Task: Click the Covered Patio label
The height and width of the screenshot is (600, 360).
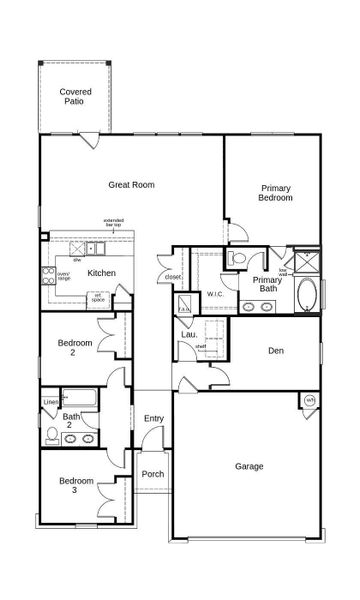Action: coord(75,96)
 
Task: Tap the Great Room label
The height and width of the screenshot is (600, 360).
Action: coord(130,184)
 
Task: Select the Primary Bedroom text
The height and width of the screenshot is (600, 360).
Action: coord(275,193)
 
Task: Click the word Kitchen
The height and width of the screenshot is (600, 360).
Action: coord(101,273)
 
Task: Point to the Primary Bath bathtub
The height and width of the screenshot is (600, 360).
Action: coord(306,296)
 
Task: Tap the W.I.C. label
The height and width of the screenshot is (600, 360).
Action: coord(214,294)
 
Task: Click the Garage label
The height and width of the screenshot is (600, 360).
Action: coord(249,466)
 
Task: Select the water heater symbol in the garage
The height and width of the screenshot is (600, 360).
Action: coord(309,401)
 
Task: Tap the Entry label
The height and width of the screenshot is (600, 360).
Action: coord(153,418)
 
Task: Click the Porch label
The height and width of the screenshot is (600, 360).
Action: coord(152,474)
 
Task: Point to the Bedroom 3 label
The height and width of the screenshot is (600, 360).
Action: coord(75,486)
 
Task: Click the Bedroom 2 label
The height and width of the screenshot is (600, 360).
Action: coord(75,348)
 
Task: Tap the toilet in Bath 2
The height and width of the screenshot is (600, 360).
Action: coord(52,434)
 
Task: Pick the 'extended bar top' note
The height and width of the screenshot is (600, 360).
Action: coord(115,224)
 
